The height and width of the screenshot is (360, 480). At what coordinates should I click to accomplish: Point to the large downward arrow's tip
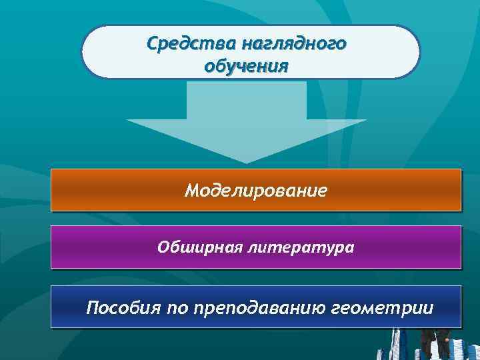[247, 161]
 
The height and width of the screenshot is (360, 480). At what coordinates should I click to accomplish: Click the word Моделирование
[256, 191]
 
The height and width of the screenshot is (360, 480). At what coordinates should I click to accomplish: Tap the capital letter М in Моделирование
[193, 191]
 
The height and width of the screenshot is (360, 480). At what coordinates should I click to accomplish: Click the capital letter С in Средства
[151, 44]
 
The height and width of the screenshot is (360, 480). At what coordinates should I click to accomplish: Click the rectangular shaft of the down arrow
[247, 100]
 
